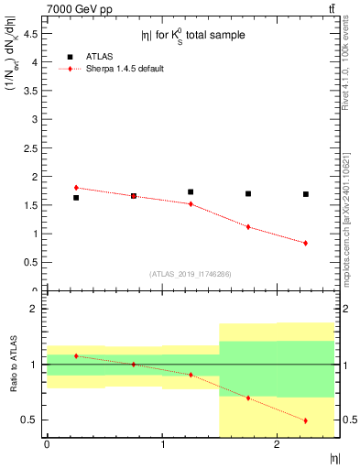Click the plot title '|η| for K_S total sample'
[x=192, y=36]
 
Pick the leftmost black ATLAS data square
[x=76, y=197]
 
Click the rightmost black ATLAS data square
[x=306, y=194]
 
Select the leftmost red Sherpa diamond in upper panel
[x=76, y=188]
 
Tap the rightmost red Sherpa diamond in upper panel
[x=306, y=243]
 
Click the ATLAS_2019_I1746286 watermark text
[x=191, y=273]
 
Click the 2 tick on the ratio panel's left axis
[x=38, y=309]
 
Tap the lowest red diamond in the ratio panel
[x=306, y=420]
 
